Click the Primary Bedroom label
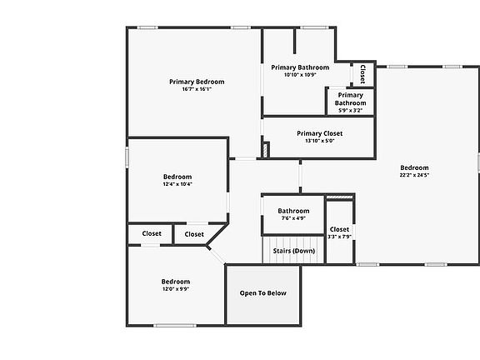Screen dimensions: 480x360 [197, 82]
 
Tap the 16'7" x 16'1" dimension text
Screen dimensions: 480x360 [197, 89]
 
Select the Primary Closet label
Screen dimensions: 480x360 [320, 133]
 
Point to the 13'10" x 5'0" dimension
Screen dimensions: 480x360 [320, 141]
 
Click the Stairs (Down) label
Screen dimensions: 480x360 [294, 251]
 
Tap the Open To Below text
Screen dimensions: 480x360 [263, 293]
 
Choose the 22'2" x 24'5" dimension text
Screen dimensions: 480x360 [414, 175]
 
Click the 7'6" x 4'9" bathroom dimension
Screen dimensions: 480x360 [293, 218]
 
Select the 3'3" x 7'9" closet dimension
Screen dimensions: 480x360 [339, 237]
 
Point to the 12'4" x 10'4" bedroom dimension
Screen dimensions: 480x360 [177, 184]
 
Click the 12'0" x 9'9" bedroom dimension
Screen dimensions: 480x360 [176, 288]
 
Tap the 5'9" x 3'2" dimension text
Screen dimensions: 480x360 [351, 111]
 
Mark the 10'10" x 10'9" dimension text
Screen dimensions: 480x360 [300, 75]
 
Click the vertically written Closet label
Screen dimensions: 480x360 [362, 74]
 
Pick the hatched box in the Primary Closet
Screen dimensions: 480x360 [265, 150]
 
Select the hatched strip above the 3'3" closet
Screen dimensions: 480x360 [340, 197]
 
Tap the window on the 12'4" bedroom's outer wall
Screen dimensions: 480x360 [127, 157]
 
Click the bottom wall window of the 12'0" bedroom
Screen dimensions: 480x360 [174, 325]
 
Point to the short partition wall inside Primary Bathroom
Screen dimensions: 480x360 [295, 41]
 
